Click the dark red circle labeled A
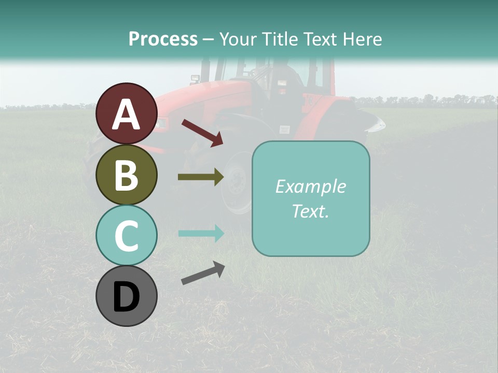click(126, 114)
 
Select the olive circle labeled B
click(126, 175)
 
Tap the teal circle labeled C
click(126, 235)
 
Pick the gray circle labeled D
click(126, 296)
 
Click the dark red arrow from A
click(202, 133)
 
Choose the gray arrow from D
click(203, 273)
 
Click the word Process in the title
click(163, 39)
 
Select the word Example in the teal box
click(310, 187)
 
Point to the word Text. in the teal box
click(310, 211)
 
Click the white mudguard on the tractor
click(371, 122)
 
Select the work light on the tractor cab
click(196, 79)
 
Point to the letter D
click(126, 297)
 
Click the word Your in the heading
click(236, 39)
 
